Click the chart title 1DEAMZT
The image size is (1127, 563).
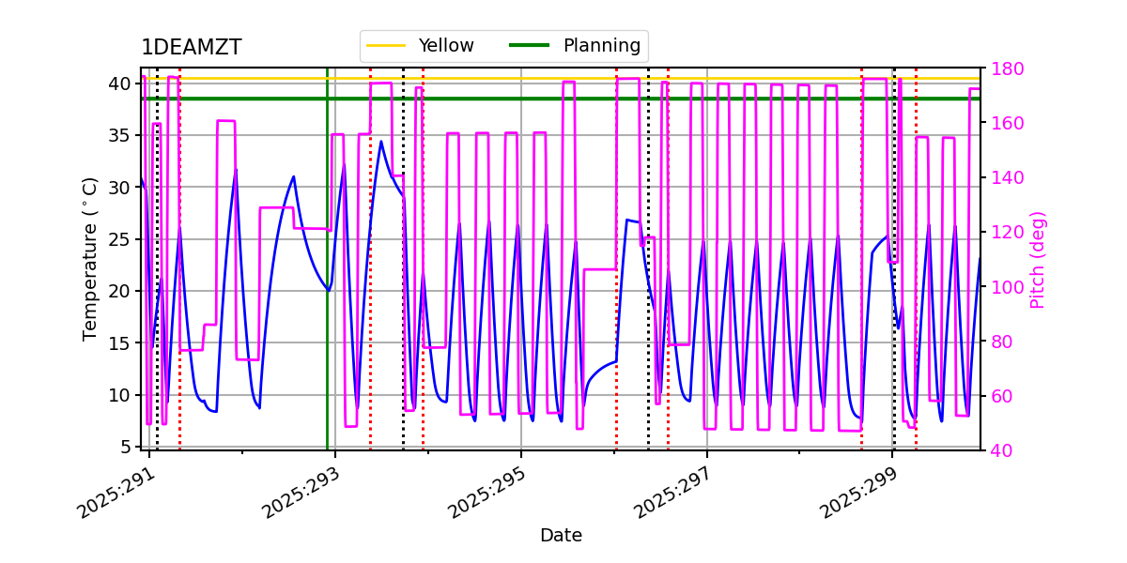[191, 48]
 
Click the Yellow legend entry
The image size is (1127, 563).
[446, 45]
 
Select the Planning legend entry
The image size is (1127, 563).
[601, 45]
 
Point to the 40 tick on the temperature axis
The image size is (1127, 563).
[121, 84]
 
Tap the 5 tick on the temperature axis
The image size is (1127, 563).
[126, 447]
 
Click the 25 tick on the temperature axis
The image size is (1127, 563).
[121, 239]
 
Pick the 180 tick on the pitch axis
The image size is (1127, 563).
[1006, 68]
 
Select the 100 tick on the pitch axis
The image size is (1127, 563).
[1006, 287]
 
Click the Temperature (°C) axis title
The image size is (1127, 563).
[90, 258]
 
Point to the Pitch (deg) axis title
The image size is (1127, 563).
[1038, 259]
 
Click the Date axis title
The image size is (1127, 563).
[561, 536]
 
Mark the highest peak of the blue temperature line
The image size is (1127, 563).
[380, 142]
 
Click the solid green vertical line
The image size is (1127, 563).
[328, 281]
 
